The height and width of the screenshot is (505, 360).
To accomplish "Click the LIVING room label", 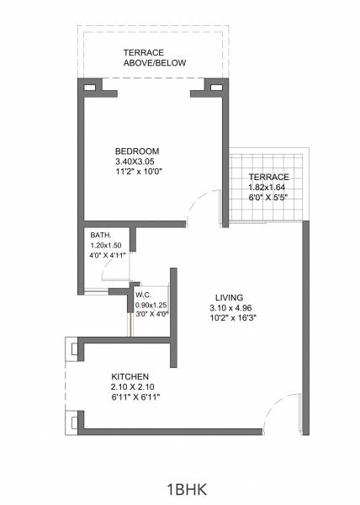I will click(229, 298).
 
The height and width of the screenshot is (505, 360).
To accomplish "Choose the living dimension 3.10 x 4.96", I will click(229, 308).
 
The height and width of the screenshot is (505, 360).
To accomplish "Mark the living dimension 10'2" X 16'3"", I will click(229, 319).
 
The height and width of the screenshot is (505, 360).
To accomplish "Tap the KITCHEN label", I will click(130, 375).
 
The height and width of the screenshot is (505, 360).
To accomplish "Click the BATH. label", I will click(101, 235).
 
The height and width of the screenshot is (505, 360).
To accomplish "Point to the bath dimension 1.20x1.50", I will click(107, 245).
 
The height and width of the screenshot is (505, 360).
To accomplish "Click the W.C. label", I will click(143, 295).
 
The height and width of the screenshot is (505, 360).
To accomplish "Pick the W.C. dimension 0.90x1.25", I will click(151, 304).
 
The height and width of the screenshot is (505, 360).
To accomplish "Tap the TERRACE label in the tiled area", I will click(269, 177).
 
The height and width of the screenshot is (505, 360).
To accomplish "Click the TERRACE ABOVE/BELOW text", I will click(155, 57).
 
